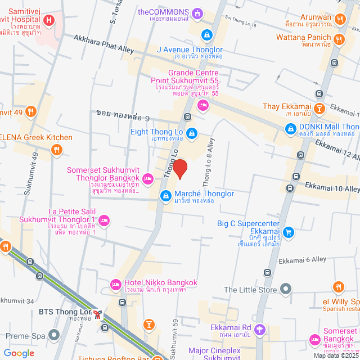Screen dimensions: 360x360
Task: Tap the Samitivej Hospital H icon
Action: point(49,21)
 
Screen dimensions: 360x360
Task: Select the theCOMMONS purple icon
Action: point(197,12)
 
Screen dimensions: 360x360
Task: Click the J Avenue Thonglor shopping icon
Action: point(207,35)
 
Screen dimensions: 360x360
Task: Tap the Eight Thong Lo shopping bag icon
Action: point(192,133)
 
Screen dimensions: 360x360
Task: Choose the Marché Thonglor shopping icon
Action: point(165,195)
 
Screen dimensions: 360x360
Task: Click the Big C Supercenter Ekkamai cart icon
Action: point(289,231)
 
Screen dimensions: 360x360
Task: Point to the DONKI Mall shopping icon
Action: point(290,129)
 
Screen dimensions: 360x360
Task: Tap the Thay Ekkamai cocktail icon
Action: point(319,107)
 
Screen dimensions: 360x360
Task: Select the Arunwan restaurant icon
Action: point(339,20)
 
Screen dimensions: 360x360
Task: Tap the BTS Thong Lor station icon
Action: point(98,314)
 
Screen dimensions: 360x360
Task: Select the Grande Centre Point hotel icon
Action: point(203,104)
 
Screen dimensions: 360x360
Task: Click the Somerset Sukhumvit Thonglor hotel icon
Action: point(147,178)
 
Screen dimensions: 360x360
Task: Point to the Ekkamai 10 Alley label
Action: point(332,186)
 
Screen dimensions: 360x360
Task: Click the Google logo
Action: point(19,353)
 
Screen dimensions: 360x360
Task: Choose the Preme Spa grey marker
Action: point(53,335)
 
